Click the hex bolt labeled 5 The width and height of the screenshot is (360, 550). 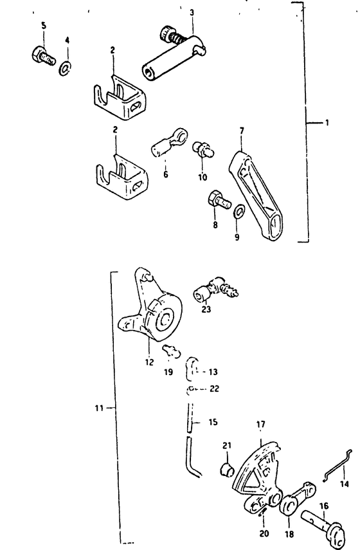(43, 56)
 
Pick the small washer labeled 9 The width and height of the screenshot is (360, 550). (239, 212)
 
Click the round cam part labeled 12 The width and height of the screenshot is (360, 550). (150, 308)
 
